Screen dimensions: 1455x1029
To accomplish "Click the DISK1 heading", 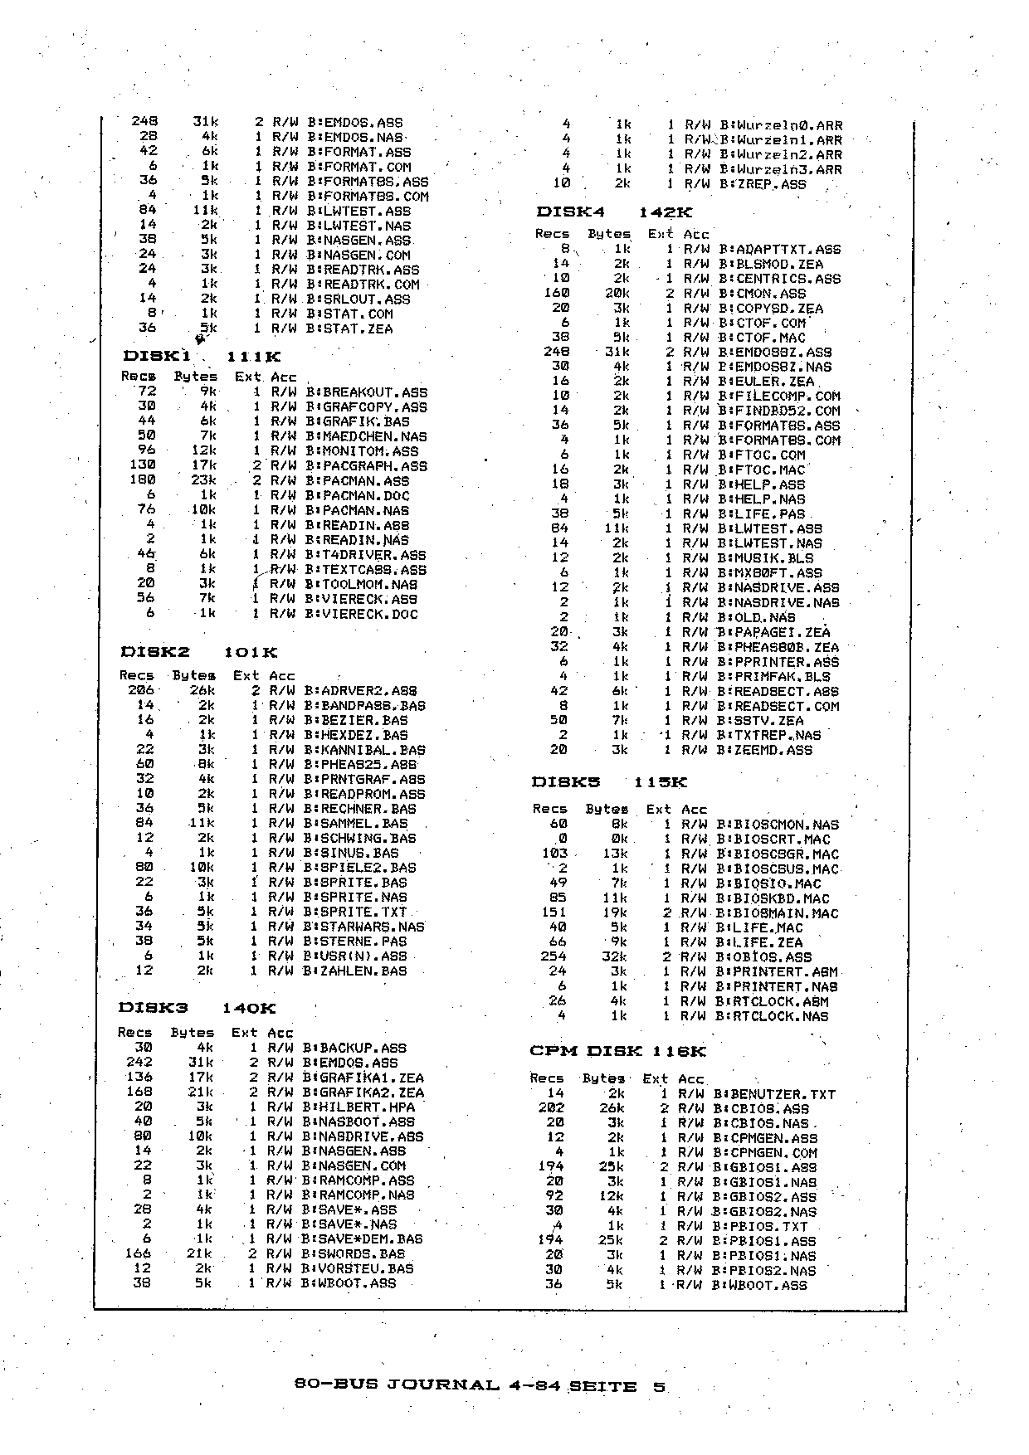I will [157, 356].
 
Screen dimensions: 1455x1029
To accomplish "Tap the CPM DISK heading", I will [587, 1051].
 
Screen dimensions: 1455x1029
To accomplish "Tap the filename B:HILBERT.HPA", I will [358, 1107].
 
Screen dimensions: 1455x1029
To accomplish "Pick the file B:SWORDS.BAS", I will [354, 1253].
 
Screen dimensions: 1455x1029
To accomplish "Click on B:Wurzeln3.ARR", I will [780, 169].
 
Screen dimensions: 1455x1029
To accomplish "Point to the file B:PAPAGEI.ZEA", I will [773, 631].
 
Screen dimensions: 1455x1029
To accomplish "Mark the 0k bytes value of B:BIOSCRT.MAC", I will [618, 839].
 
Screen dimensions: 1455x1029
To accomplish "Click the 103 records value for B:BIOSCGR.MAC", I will [554, 854].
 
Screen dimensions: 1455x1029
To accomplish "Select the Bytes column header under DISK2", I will [193, 675].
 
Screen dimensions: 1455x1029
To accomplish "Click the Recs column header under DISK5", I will [549, 809].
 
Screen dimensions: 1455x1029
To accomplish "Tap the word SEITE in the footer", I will [602, 1386].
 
